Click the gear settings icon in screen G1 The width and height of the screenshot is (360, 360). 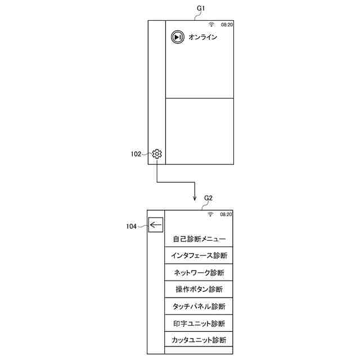[157, 154]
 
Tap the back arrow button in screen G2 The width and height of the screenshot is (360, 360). [155, 225]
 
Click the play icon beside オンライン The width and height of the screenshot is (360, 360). [177, 37]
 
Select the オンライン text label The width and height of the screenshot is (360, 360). [202, 37]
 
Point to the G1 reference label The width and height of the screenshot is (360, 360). [200, 8]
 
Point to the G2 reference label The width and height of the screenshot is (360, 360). [208, 198]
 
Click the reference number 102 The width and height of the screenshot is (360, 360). [136, 154]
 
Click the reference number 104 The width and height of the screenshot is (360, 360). [131, 226]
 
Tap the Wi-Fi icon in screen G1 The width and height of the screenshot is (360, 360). [211, 25]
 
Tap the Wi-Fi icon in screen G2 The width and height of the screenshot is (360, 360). [210, 214]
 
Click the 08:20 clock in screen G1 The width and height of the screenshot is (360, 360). [227, 25]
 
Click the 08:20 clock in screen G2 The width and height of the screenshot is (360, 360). [226, 214]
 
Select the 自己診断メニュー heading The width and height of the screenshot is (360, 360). [199, 239]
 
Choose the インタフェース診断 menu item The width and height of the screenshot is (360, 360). [199, 256]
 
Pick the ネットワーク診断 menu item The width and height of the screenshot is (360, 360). [199, 273]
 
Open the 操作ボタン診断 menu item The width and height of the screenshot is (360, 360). [199, 290]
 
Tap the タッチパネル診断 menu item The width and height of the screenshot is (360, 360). [199, 307]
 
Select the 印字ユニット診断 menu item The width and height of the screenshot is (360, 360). [199, 323]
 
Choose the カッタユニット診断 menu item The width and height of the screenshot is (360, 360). [199, 340]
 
